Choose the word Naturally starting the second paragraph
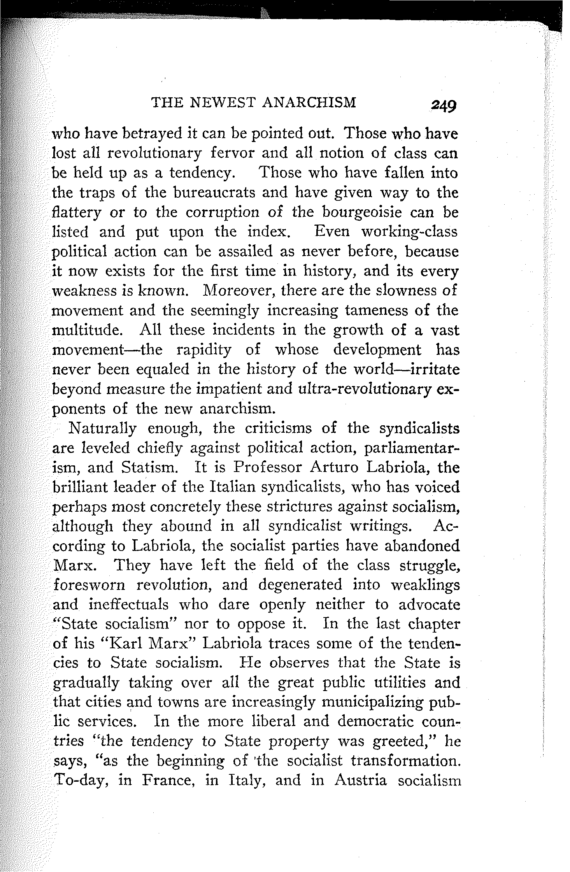click(x=102, y=428)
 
